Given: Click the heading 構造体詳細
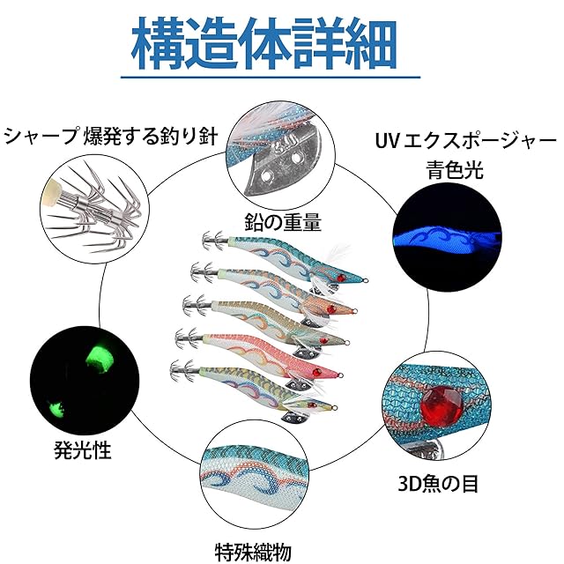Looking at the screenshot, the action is [264, 44].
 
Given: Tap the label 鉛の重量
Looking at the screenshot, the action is [283, 222].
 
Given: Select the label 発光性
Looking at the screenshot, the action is [83, 450].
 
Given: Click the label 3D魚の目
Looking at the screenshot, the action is [438, 484].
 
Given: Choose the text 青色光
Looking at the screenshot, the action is [455, 170].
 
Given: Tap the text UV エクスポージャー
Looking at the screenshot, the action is [466, 141].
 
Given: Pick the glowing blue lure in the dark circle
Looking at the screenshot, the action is [447, 236].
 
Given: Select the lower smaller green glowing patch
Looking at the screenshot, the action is [56, 410].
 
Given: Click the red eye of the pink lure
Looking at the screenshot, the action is [316, 372].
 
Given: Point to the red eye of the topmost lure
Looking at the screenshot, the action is [341, 278].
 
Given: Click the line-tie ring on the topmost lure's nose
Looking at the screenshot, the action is [365, 280].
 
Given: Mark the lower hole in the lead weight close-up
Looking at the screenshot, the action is [266, 176].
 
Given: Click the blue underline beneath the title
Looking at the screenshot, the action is [271, 77].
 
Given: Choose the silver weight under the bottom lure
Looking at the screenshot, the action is [296, 417].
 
